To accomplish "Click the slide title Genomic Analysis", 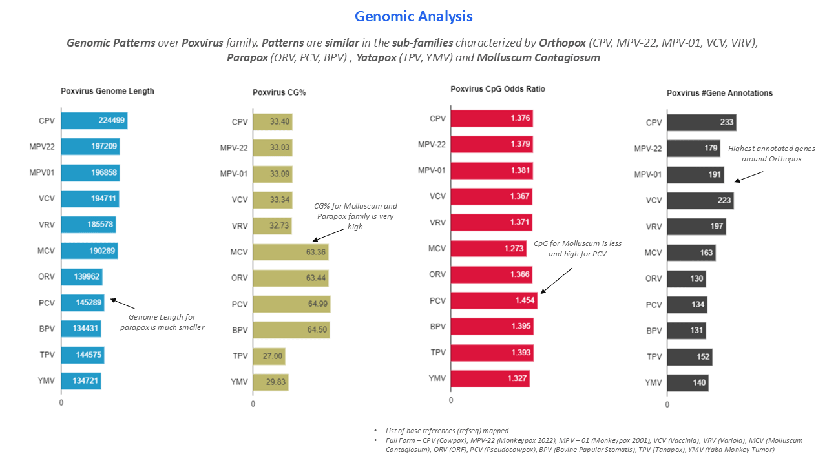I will pyautogui.click(x=413, y=16).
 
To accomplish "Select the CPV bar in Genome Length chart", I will pyautogui.click(x=94, y=121).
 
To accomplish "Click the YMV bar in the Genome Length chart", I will pyautogui.click(x=81, y=381).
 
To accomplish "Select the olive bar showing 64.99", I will pyautogui.click(x=291, y=304).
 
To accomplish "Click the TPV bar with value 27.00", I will pyautogui.click(x=269, y=356).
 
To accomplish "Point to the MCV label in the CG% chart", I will pyautogui.click(x=239, y=252).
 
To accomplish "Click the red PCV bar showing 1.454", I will pyautogui.click(x=494, y=300).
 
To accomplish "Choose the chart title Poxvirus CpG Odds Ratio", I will pyautogui.click(x=497, y=89).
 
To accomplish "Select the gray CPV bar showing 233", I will pyautogui.click(x=701, y=123).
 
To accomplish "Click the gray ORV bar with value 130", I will pyautogui.click(x=686, y=279).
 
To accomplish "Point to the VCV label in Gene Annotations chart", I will pyautogui.click(x=654, y=200).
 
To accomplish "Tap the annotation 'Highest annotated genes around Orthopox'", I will pyautogui.click(x=771, y=153).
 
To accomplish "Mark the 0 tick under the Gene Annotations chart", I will pyautogui.click(x=667, y=404).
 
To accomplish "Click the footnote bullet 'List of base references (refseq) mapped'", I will pyautogui.click(x=446, y=431).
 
